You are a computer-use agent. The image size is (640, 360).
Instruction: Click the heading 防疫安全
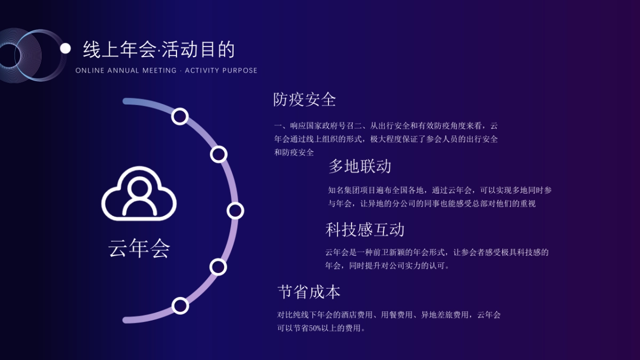305,99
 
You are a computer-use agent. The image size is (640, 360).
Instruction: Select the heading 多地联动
359,166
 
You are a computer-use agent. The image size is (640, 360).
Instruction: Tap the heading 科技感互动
365,230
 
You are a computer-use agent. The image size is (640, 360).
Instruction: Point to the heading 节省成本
309,292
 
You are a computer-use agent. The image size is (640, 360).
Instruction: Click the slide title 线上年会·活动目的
159,50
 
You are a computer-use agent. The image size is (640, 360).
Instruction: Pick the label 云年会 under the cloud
139,248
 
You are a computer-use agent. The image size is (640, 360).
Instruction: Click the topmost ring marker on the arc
180,116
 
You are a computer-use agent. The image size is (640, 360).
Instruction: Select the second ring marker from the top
219,154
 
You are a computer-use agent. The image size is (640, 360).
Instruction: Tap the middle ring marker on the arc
235,211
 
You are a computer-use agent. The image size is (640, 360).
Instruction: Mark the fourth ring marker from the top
218,266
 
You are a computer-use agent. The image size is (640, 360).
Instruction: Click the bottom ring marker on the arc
180,306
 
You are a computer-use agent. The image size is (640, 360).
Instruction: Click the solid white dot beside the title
65,49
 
